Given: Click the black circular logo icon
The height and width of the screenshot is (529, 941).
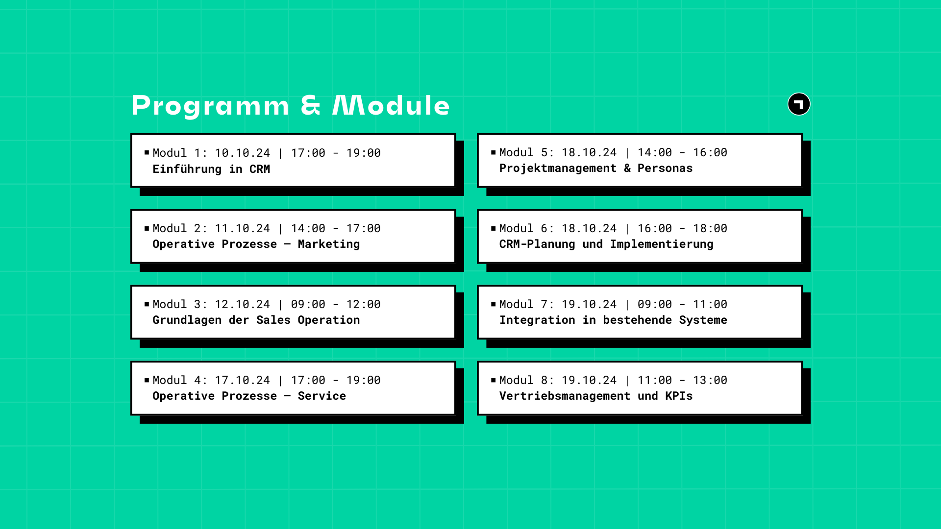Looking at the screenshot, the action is (799, 104).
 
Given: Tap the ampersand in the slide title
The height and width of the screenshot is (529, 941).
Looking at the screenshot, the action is (311, 105).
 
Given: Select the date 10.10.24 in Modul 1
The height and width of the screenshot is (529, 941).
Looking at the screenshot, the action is (243, 153).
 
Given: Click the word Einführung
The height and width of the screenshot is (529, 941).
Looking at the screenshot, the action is (187, 169).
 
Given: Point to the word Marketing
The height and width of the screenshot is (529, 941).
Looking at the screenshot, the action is (329, 244).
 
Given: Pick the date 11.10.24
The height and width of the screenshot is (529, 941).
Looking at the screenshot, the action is (243, 229).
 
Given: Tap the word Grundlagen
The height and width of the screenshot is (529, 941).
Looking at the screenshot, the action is (187, 320).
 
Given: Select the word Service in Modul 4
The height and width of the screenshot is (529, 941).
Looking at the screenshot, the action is (322, 396).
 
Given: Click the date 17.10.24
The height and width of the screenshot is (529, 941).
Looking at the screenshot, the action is (243, 381).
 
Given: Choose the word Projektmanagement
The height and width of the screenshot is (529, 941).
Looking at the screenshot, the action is (558, 168).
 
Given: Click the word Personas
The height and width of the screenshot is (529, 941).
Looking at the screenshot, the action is (665, 168).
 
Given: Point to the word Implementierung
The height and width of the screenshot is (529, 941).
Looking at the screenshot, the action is (662, 244).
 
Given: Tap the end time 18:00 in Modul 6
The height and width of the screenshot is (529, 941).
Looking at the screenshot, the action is (710, 229).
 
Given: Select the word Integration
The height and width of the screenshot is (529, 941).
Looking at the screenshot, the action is (537, 320).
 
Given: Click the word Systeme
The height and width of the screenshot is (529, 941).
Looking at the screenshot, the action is (703, 320).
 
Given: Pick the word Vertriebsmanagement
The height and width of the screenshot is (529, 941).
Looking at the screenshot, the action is (565, 396).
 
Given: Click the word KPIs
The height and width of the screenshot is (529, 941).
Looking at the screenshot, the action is (679, 396).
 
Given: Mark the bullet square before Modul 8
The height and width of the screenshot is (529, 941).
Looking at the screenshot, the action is (494, 380).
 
